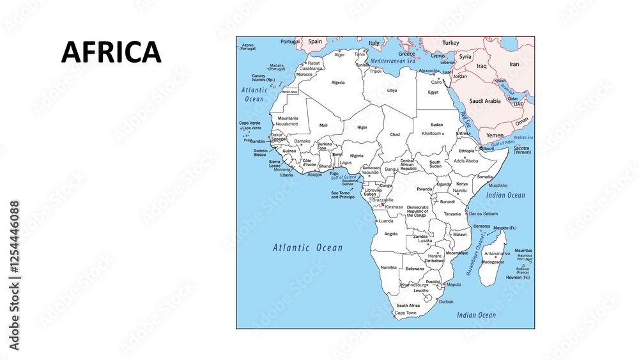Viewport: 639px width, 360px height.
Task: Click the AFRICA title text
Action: coord(111,52)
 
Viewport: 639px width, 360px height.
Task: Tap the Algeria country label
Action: coord(338,82)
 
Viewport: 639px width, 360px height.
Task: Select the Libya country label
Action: coord(392,90)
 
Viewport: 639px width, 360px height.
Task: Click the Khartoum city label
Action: coord(432,134)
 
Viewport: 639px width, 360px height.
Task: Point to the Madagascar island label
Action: coord(493,262)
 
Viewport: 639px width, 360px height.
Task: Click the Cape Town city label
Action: coord(405,313)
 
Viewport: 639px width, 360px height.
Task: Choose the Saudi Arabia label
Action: coord(484,101)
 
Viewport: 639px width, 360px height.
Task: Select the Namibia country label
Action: coord(389,267)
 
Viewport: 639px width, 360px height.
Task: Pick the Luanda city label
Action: coord(386,221)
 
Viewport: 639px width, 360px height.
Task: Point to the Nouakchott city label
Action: coord(287,123)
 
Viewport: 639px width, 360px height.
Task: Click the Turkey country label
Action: coord(450,42)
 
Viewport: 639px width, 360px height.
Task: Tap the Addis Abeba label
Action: coord(465,161)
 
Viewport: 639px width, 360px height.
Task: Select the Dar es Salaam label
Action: coord(483,214)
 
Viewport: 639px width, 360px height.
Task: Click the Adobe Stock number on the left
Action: coord(14,275)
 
